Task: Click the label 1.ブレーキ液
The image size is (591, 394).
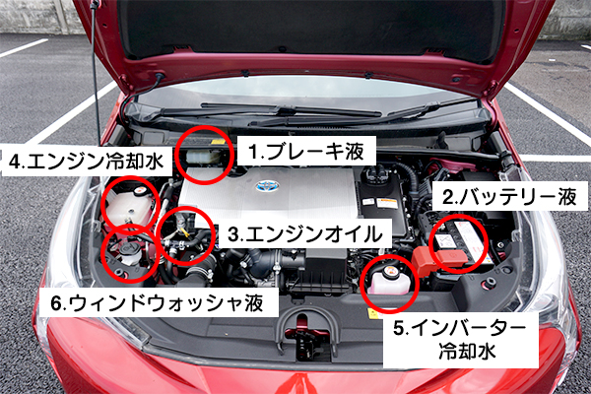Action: click(x=305, y=151)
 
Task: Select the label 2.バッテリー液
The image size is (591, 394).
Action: click(x=509, y=197)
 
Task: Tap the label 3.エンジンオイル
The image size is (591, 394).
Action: click(x=305, y=234)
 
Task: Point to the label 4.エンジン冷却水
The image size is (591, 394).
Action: click(x=87, y=162)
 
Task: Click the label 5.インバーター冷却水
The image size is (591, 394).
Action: click(x=460, y=340)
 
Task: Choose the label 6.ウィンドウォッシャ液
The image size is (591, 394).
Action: click(x=157, y=302)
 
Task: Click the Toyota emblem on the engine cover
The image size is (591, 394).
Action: click(x=267, y=185)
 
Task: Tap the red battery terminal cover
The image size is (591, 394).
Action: click(x=439, y=260)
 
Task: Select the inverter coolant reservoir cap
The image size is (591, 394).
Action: click(x=391, y=271)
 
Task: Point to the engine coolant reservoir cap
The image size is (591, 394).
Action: click(x=141, y=191)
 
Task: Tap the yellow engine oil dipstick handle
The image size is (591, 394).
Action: click(x=184, y=230)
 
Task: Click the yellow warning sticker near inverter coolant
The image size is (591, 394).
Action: click(x=373, y=313)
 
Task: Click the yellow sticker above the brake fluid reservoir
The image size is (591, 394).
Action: click(x=218, y=142)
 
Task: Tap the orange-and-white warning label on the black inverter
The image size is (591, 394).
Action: click(x=387, y=203)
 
